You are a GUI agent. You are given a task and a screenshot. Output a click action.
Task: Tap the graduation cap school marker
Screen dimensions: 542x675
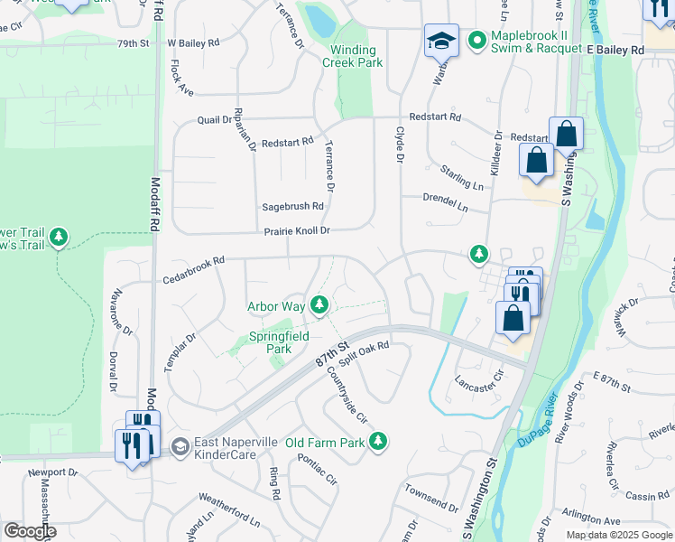pos(441,41)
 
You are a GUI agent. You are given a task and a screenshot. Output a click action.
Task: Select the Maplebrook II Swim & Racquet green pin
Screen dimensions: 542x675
pos(475,41)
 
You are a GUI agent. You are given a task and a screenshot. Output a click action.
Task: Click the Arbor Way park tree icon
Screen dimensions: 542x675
pos(319,306)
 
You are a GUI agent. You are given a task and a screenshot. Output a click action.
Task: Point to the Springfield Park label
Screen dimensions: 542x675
pos(279,342)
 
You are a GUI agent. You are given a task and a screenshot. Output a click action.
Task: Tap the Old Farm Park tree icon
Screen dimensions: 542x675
pos(381,442)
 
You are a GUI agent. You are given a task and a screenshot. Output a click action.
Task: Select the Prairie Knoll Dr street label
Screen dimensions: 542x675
pos(297,231)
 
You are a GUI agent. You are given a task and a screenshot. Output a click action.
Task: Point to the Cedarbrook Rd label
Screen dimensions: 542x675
pos(193,268)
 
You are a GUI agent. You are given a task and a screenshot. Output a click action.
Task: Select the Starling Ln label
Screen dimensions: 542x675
pos(461,177)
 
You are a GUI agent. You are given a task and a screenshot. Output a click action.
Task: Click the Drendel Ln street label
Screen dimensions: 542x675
pos(446,201)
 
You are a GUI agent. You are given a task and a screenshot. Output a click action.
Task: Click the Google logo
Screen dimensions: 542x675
pos(30,531)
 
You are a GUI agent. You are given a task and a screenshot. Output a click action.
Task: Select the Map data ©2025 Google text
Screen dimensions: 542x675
pos(618,535)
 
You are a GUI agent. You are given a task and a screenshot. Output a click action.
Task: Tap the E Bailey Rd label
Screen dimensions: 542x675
pos(615,51)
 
